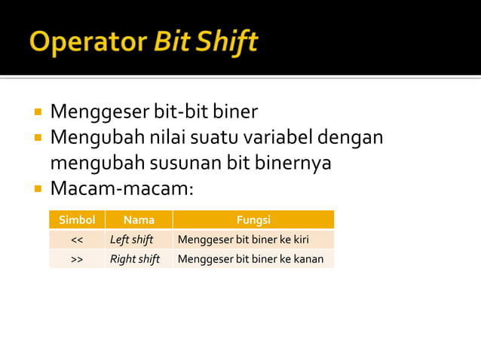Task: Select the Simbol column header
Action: click(x=77, y=220)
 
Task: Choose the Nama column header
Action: click(x=139, y=220)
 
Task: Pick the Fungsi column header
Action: click(x=253, y=220)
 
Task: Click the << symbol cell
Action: click(x=77, y=240)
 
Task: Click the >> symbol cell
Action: click(x=77, y=260)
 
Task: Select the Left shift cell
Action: click(x=132, y=240)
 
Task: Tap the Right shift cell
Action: click(x=135, y=260)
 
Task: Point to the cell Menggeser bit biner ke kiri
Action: click(x=243, y=240)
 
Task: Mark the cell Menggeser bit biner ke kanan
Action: click(x=250, y=260)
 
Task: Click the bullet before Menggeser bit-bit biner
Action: click(x=36, y=113)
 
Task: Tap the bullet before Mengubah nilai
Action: click(x=36, y=139)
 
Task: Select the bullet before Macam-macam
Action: click(x=36, y=188)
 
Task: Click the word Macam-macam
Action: click(x=120, y=188)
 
